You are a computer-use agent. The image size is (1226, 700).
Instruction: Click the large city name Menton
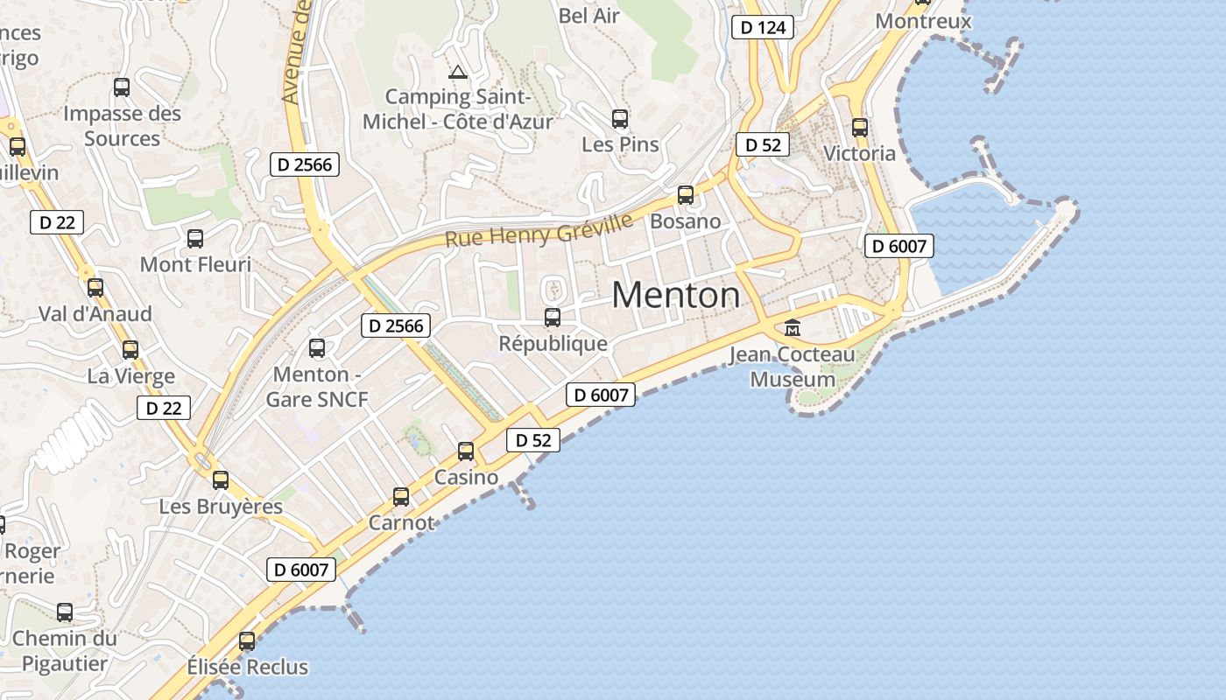point(675,295)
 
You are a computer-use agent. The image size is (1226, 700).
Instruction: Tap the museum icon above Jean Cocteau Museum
point(793,328)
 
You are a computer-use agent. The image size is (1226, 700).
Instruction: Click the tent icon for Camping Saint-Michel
point(456,72)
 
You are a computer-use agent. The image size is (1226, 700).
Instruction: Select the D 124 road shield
point(763,27)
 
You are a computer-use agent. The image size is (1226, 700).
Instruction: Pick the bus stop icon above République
point(553,317)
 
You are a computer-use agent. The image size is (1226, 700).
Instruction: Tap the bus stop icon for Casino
point(466,451)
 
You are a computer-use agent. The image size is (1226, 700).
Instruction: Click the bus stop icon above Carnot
point(401,497)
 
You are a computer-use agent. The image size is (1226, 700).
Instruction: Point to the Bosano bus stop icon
point(686,195)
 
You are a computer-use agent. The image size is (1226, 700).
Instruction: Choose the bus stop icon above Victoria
point(860,128)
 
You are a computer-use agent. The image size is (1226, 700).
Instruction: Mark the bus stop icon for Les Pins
point(620,118)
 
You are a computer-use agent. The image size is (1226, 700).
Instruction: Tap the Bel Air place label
point(588,15)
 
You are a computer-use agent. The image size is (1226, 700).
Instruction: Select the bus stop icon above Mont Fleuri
point(195,238)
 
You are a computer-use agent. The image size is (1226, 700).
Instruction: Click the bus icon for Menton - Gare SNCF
point(317,348)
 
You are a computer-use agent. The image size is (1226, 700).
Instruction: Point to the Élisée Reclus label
point(248,667)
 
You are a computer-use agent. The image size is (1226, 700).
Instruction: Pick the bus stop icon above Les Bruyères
point(221,479)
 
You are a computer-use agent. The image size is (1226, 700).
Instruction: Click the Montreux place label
point(923,21)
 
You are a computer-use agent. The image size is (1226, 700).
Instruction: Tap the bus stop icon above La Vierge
point(130,350)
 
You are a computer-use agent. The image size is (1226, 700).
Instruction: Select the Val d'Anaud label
point(95,313)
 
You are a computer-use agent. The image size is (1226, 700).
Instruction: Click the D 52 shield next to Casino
point(533,440)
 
